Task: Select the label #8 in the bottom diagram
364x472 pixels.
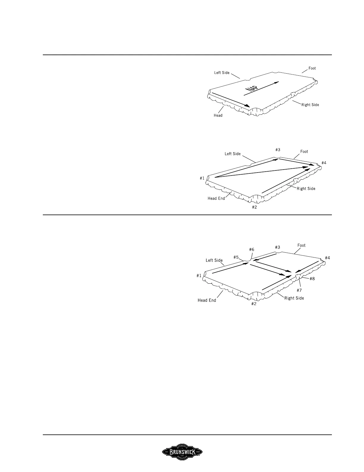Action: (x=312, y=279)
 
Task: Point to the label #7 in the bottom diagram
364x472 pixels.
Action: (x=299, y=290)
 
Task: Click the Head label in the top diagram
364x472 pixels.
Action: (x=218, y=115)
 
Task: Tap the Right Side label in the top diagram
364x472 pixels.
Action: (x=310, y=105)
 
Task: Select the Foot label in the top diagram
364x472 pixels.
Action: (x=312, y=68)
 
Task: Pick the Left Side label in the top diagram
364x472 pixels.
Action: (x=222, y=73)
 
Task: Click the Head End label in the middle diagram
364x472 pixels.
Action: (x=216, y=198)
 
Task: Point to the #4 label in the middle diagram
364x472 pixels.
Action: (x=324, y=163)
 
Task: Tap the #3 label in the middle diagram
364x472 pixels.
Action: (x=278, y=150)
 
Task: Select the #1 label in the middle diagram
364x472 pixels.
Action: (x=202, y=178)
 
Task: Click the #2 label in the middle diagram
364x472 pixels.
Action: (x=254, y=207)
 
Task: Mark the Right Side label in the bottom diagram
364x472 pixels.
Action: (x=294, y=298)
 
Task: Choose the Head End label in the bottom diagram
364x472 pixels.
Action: (x=207, y=300)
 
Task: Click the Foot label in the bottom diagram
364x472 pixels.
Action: (x=301, y=246)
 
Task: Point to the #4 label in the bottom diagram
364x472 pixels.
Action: (x=327, y=258)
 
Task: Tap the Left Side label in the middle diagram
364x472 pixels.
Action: (x=233, y=154)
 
